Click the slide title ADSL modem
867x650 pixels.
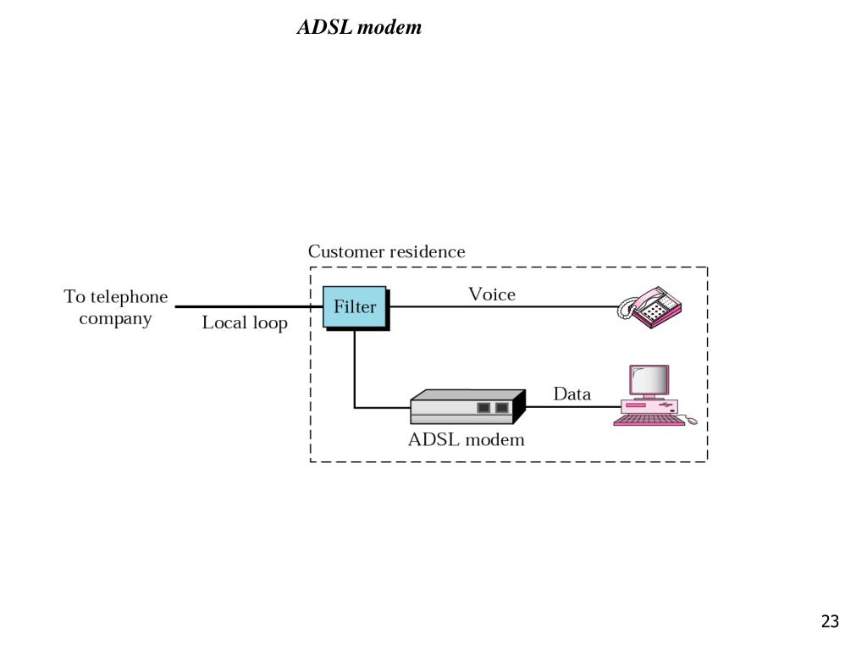(x=359, y=26)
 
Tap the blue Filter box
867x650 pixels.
(x=355, y=306)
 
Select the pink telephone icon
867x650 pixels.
(x=649, y=306)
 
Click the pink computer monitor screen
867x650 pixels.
(x=649, y=380)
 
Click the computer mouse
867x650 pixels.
(x=692, y=421)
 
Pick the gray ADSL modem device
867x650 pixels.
(x=467, y=407)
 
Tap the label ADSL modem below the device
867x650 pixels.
(x=467, y=440)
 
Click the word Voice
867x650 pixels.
(x=492, y=294)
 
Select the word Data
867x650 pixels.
(x=572, y=394)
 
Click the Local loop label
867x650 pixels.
(x=245, y=322)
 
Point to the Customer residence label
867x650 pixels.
(x=386, y=251)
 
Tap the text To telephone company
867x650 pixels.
(x=115, y=307)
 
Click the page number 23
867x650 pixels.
(x=830, y=621)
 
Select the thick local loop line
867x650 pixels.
(x=249, y=306)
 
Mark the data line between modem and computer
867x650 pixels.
(x=573, y=407)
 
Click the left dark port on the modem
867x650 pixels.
(x=483, y=408)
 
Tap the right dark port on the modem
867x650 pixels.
(x=502, y=408)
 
